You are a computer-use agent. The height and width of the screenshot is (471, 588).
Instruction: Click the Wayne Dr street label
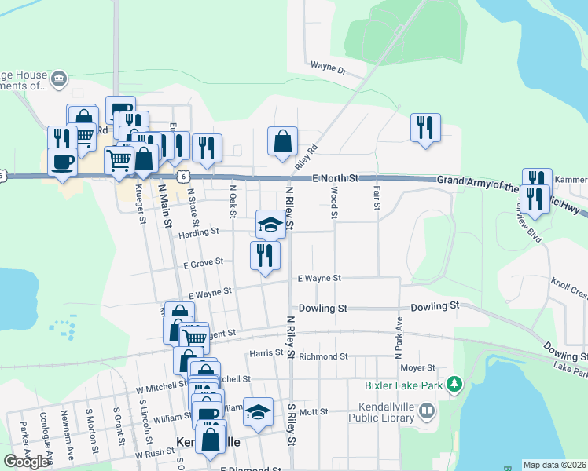[x=329, y=68]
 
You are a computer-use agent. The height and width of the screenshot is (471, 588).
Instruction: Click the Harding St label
[x=198, y=232]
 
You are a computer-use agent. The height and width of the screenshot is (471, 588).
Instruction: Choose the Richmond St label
[x=323, y=356]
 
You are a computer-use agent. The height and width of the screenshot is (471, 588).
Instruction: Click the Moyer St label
[x=417, y=367]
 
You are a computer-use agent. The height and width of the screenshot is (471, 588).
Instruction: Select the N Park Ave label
[x=399, y=334]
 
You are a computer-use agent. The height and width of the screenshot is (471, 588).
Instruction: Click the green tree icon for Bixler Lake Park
[x=454, y=384]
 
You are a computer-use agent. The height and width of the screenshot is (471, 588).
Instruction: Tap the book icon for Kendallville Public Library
[x=426, y=411]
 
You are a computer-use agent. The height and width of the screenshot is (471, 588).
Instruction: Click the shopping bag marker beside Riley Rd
[x=282, y=142]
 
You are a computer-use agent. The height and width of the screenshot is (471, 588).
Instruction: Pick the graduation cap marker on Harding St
[x=270, y=225]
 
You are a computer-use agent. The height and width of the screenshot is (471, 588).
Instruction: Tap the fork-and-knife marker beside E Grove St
[x=265, y=255]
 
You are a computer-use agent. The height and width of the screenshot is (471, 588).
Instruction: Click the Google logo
[x=26, y=461]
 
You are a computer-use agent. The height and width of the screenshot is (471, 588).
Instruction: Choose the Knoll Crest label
[x=569, y=288]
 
